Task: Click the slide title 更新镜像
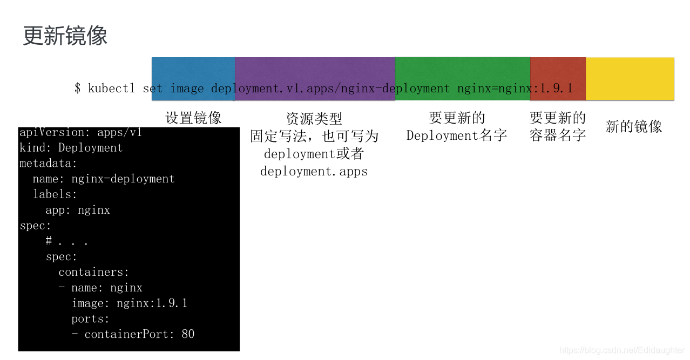coord(65,36)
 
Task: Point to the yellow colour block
coord(630,78)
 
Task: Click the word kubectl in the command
coord(112,88)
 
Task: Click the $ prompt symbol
coord(78,88)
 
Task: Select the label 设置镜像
coord(193,118)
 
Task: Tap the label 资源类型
coord(314,119)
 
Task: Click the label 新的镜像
coord(633,126)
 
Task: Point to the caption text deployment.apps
coord(314,172)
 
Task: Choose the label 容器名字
coord(558,135)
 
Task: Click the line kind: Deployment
coord(71,148)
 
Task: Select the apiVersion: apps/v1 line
coord(80,132)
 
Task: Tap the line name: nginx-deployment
coord(104,179)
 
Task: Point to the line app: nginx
coord(78,210)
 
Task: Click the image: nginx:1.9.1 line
coord(130,303)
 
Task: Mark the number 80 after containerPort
coord(188,334)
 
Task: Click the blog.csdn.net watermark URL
coord(621,350)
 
